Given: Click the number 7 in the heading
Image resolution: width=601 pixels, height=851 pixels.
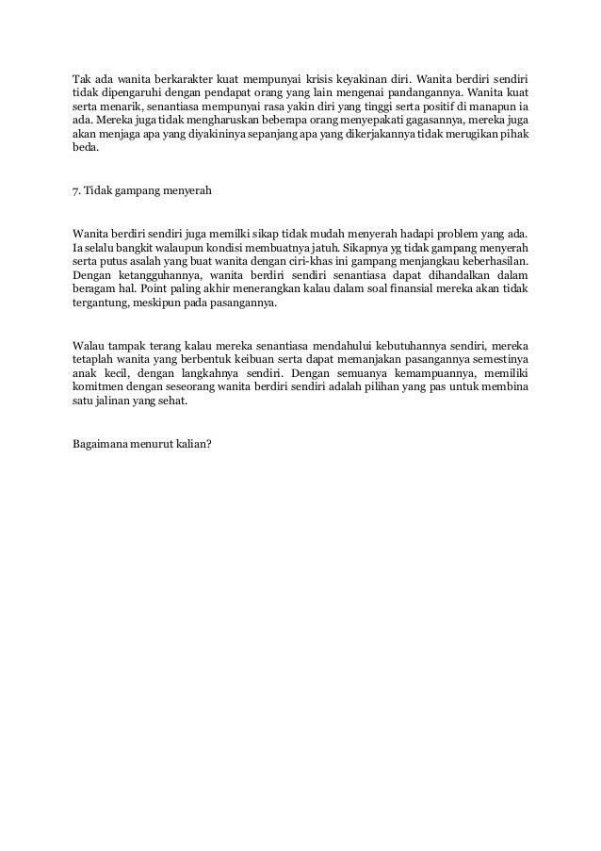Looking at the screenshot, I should [75, 191].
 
